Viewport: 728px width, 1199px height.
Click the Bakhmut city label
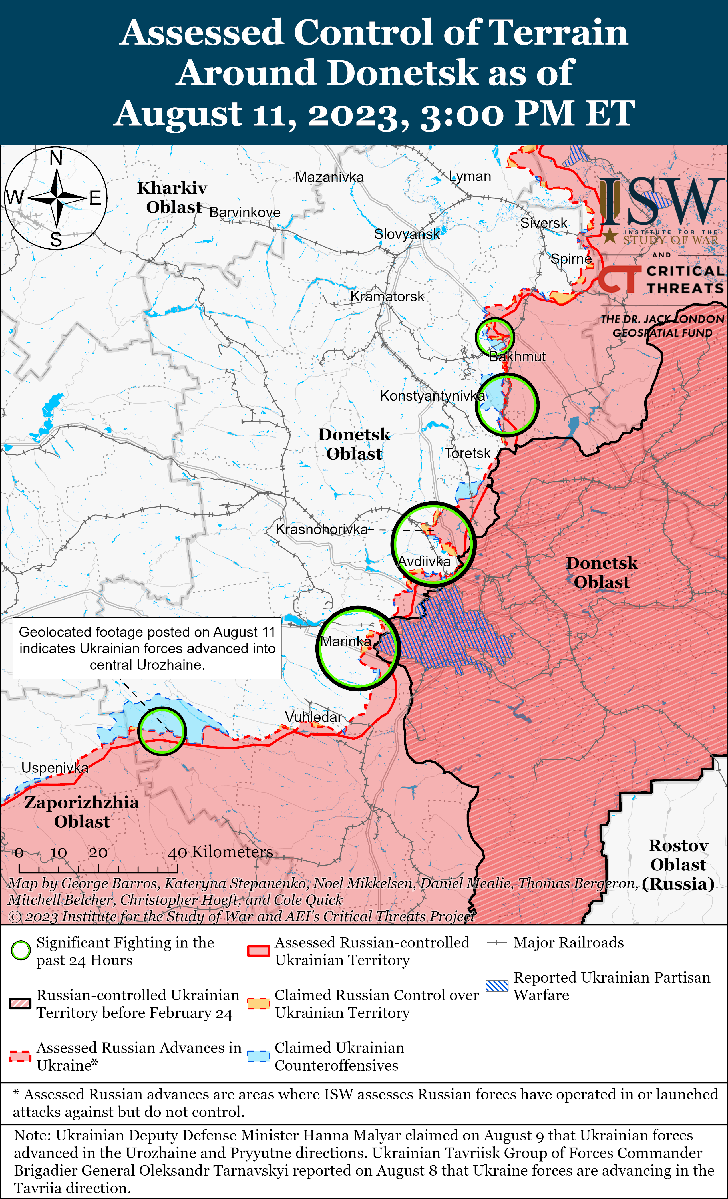(x=517, y=357)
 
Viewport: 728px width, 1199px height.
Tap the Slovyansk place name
(x=407, y=234)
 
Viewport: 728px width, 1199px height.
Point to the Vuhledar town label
(x=313, y=717)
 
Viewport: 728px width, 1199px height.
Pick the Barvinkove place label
(x=245, y=213)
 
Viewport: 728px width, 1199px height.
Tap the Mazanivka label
(x=329, y=177)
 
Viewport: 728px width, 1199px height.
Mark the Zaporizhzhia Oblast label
(x=82, y=812)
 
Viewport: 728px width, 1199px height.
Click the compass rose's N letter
(x=56, y=158)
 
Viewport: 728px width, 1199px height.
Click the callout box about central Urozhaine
(x=147, y=648)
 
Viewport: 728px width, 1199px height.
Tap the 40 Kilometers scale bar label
(x=220, y=852)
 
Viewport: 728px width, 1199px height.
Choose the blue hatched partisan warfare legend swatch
(x=497, y=985)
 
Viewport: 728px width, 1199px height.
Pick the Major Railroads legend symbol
(x=497, y=943)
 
